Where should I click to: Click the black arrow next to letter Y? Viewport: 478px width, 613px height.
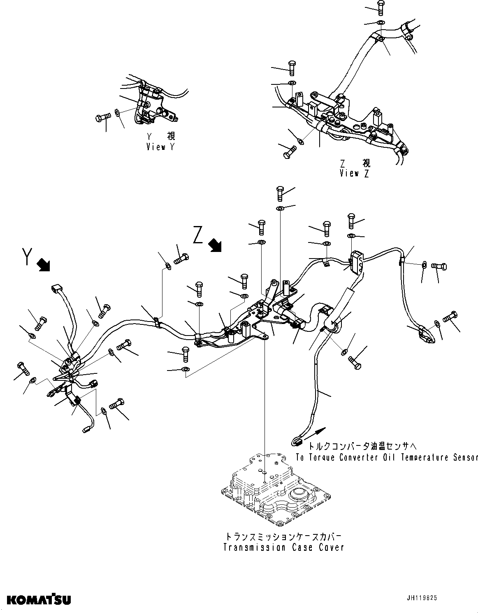[x=43, y=265]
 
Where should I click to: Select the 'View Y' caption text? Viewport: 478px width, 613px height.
[x=160, y=147]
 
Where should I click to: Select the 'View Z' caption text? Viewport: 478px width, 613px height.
[x=354, y=173]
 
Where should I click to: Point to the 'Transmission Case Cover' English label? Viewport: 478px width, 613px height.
[x=283, y=547]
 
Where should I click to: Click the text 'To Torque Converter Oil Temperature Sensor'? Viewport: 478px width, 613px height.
[x=387, y=457]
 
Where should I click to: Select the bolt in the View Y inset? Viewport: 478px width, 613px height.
[x=102, y=118]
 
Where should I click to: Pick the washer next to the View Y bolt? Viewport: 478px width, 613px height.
[x=118, y=112]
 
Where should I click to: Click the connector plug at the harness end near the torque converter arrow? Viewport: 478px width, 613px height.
[x=297, y=442]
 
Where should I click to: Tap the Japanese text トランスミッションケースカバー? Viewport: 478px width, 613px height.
[x=283, y=537]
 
